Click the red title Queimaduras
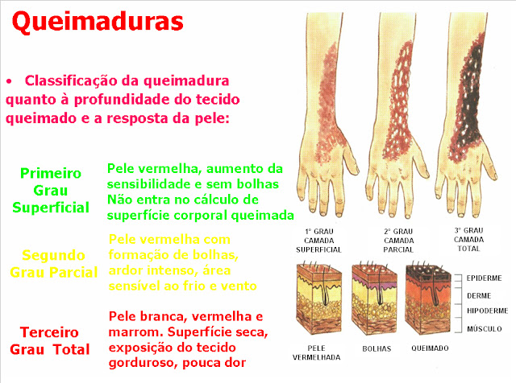click(98, 22)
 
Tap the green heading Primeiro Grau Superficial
click(51, 191)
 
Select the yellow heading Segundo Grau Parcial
click(54, 264)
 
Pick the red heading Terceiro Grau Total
click(50, 341)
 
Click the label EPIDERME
click(484, 278)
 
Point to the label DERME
click(479, 296)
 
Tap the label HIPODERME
click(487, 311)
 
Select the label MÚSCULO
click(484, 328)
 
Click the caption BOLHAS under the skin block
click(377, 349)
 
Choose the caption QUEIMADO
click(430, 348)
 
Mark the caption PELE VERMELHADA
click(316, 352)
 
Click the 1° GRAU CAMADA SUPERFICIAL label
click(319, 241)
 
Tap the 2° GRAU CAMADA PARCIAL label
click(398, 241)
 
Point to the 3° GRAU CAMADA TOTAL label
click(468, 240)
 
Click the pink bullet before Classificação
click(9, 81)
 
